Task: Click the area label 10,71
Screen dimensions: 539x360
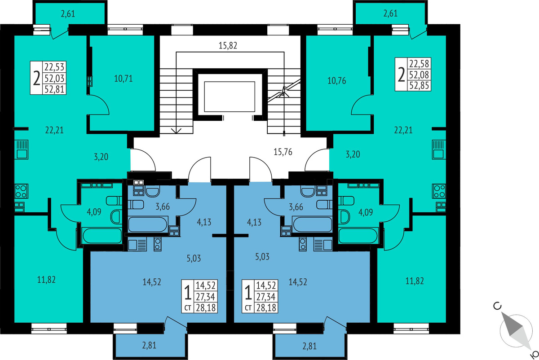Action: point(123,79)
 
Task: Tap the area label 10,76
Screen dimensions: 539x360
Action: point(336,81)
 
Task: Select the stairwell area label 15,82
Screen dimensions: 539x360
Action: point(228,45)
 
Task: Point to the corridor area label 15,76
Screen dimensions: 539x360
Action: point(283,152)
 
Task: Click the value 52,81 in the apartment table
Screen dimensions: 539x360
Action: point(54,89)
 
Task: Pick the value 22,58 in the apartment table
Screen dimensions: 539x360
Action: point(419,64)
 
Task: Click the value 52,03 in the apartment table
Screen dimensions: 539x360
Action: point(54,79)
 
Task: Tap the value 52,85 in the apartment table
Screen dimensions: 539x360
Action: point(419,86)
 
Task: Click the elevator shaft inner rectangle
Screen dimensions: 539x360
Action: point(230,97)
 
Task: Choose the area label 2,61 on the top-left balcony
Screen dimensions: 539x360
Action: point(68,14)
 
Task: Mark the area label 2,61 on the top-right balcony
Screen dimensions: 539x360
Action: point(390,13)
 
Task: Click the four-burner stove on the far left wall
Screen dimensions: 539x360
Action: point(22,191)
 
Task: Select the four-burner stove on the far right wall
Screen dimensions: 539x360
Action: point(439,191)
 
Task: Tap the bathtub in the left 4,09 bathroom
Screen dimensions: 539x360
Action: point(102,236)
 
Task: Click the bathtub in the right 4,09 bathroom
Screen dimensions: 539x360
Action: point(358,236)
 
